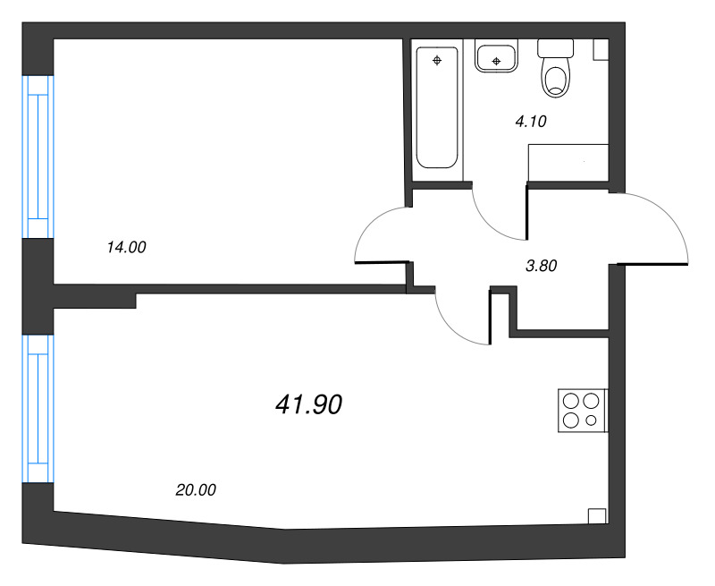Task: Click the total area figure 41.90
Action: pyautogui.click(x=309, y=405)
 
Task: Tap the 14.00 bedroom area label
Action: pyautogui.click(x=126, y=249)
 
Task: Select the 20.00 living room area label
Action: pyautogui.click(x=197, y=489)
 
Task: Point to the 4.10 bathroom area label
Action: pyautogui.click(x=530, y=123)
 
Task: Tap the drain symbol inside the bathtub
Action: pyautogui.click(x=437, y=61)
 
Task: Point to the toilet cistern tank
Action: pyautogui.click(x=556, y=48)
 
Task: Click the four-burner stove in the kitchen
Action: pyautogui.click(x=582, y=412)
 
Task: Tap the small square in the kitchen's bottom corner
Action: pyautogui.click(x=597, y=516)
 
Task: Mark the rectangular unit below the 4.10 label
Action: pyautogui.click(x=568, y=164)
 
